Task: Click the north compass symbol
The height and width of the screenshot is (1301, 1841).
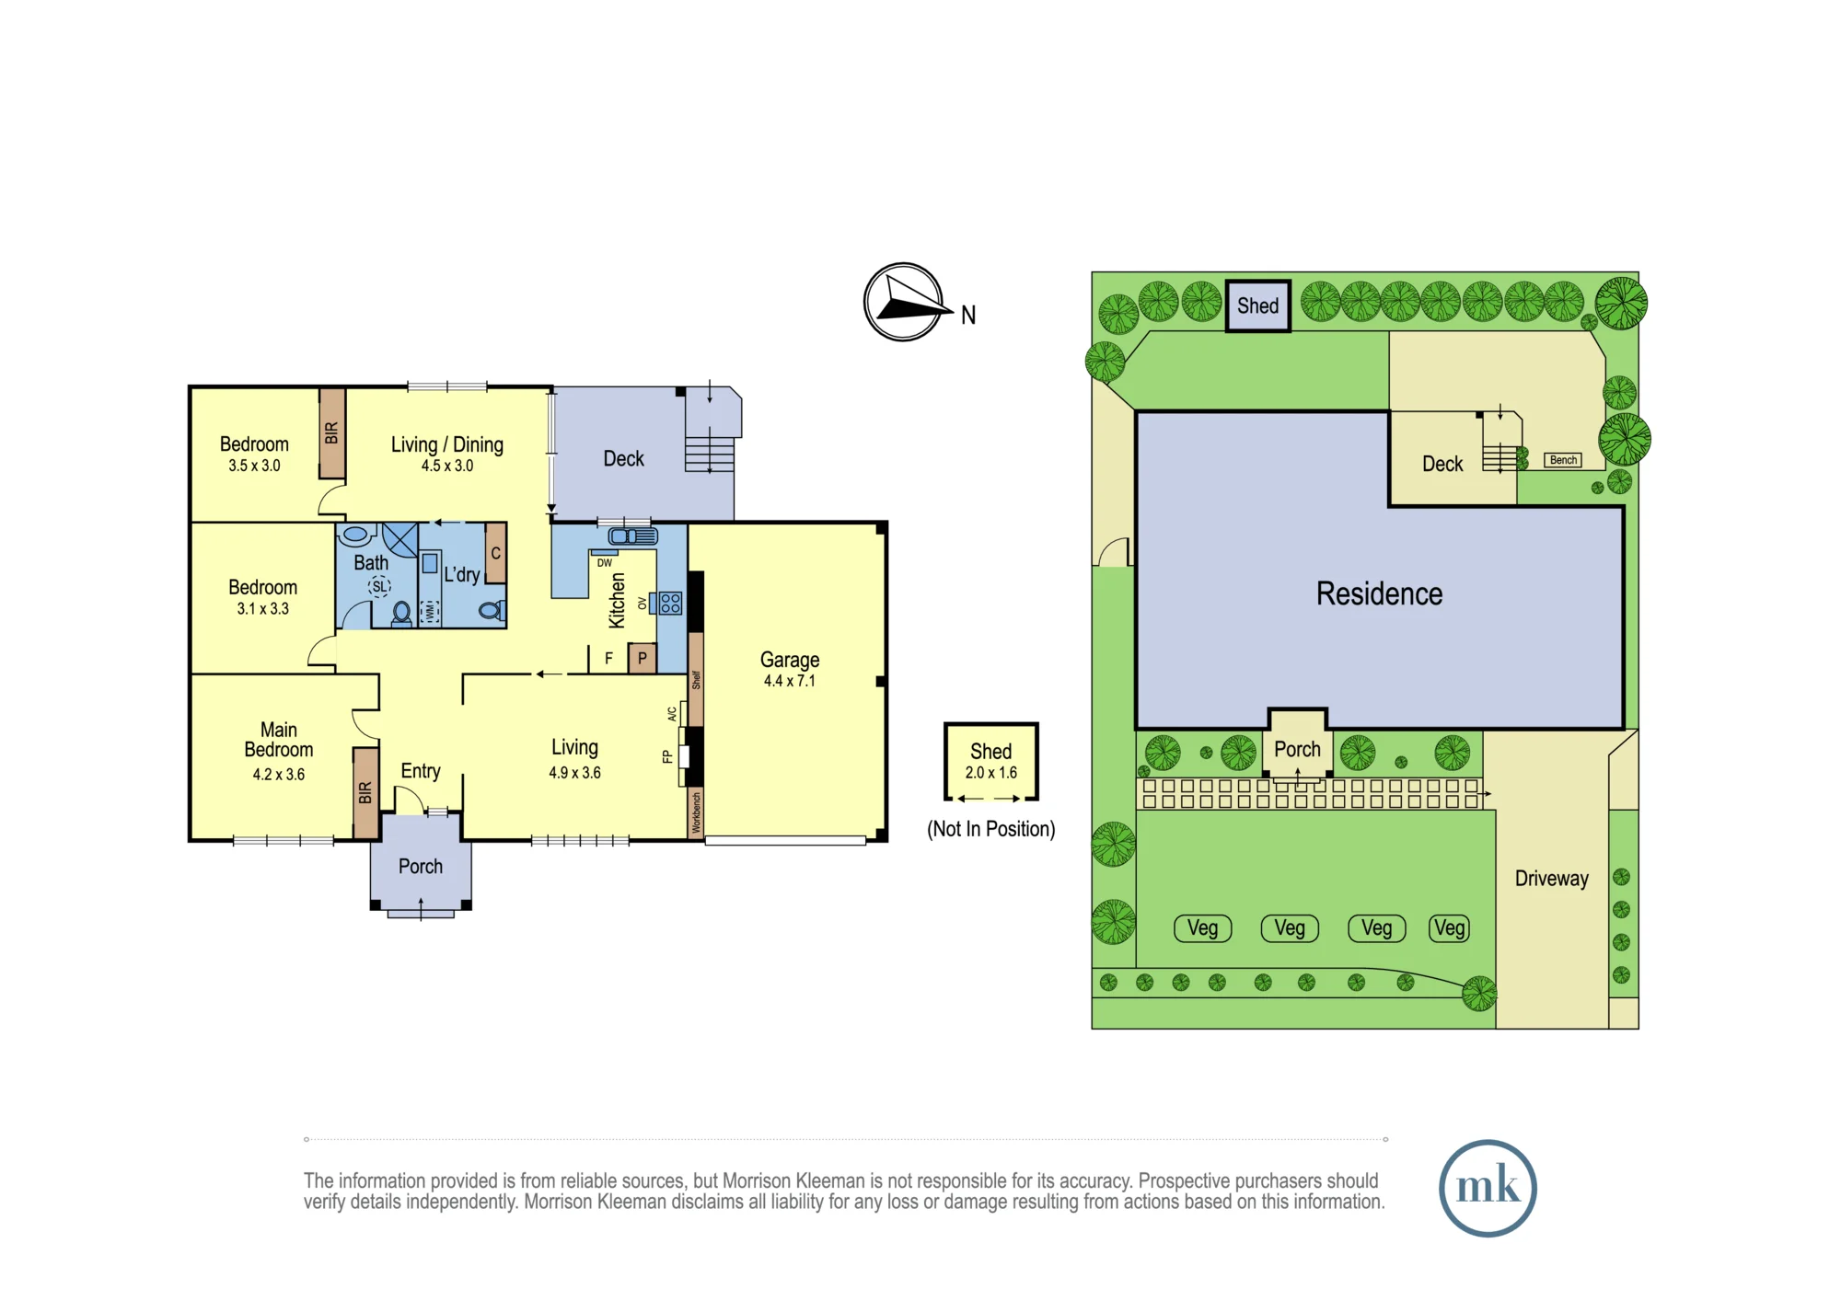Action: tap(905, 302)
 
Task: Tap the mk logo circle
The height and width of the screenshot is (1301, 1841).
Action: tap(1488, 1188)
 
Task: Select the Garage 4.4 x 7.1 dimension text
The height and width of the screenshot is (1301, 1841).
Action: tap(790, 681)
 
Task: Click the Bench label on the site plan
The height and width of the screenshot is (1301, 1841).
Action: tap(1563, 460)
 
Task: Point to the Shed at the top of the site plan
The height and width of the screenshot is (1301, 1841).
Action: tap(1258, 305)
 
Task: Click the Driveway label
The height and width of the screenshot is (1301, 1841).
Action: tap(1552, 879)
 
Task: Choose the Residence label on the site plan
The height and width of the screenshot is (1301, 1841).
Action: tap(1379, 593)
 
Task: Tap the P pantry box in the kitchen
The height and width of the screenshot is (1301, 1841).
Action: tap(643, 658)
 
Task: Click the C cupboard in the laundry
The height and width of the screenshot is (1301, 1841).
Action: tap(495, 553)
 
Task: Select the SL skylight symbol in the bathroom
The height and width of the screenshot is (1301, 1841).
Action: tap(380, 586)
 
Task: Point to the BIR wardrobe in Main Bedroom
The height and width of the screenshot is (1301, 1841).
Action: tap(365, 792)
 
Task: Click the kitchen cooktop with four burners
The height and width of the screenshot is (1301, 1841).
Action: tap(671, 604)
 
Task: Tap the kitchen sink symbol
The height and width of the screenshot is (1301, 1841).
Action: tap(633, 536)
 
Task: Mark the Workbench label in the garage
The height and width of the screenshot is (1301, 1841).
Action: tap(697, 812)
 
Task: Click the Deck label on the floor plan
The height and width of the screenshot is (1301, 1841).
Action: tap(623, 459)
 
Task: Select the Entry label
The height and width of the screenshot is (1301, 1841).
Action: tap(421, 772)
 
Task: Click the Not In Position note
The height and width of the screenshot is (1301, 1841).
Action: tap(991, 829)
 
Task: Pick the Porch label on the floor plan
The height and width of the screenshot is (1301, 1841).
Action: tap(421, 867)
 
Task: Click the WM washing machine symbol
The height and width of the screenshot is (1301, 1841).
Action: tap(430, 611)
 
